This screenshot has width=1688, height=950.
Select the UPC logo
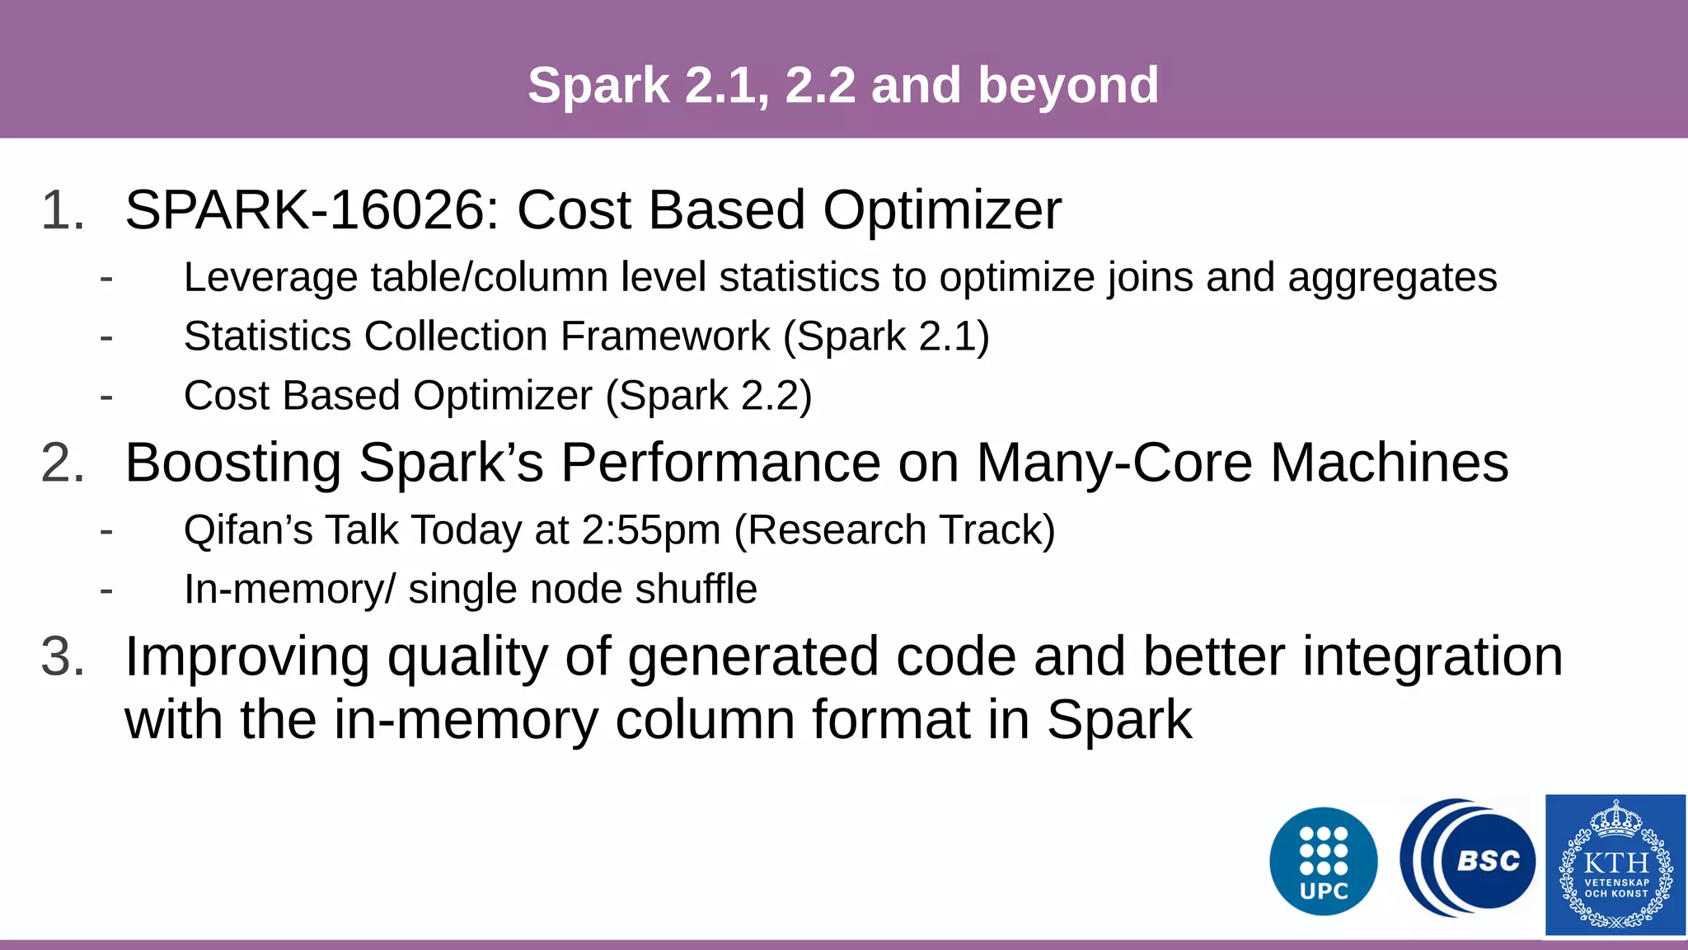1323,861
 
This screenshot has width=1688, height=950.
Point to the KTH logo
1615,865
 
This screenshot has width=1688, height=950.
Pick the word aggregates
1392,278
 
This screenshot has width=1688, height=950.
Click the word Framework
665,336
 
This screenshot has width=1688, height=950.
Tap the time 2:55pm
651,530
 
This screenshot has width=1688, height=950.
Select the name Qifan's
248,530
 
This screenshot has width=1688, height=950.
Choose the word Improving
247,657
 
